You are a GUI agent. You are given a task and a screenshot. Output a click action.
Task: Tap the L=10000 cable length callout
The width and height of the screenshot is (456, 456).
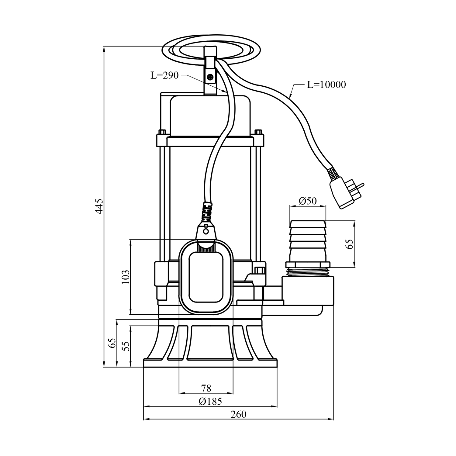point(326,85)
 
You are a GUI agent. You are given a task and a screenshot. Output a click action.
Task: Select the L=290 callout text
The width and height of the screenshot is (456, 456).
point(165,75)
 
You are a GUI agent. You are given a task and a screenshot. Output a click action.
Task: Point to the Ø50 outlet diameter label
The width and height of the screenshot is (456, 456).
point(307,201)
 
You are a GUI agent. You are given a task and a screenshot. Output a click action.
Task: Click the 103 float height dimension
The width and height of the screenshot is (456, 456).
point(126,277)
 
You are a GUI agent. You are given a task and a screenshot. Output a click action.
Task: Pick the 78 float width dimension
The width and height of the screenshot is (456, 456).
point(206,388)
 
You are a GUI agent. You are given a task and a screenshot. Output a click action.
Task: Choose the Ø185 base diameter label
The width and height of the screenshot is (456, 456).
point(210,401)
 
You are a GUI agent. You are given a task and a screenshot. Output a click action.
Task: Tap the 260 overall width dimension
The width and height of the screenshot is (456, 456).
point(238,414)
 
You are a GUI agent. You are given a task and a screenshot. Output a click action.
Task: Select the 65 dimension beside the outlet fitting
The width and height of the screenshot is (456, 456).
point(350,244)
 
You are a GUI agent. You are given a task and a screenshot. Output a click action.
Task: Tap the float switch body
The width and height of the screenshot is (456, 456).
point(206,277)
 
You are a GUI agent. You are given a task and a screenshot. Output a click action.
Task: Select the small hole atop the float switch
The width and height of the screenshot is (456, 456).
point(206,231)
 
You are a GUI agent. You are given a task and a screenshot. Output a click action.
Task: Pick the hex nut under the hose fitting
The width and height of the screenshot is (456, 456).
point(307,264)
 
